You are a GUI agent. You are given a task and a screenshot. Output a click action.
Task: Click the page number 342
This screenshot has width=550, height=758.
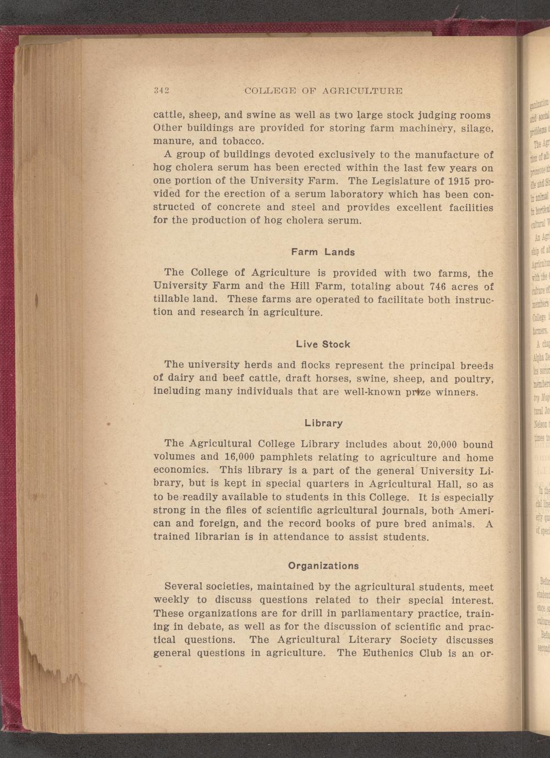point(161,91)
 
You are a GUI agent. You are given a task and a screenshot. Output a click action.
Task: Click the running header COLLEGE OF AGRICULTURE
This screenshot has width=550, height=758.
point(323,91)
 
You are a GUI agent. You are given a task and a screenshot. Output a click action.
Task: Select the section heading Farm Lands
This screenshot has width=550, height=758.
point(323,252)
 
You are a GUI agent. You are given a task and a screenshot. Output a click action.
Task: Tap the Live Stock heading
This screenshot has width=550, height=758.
point(323,344)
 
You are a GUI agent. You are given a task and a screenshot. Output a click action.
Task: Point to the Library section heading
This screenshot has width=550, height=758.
point(323,423)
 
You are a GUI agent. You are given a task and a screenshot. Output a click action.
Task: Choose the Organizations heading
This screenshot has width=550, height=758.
point(323,566)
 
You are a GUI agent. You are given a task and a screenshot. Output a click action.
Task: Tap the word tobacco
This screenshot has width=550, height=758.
point(229,141)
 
